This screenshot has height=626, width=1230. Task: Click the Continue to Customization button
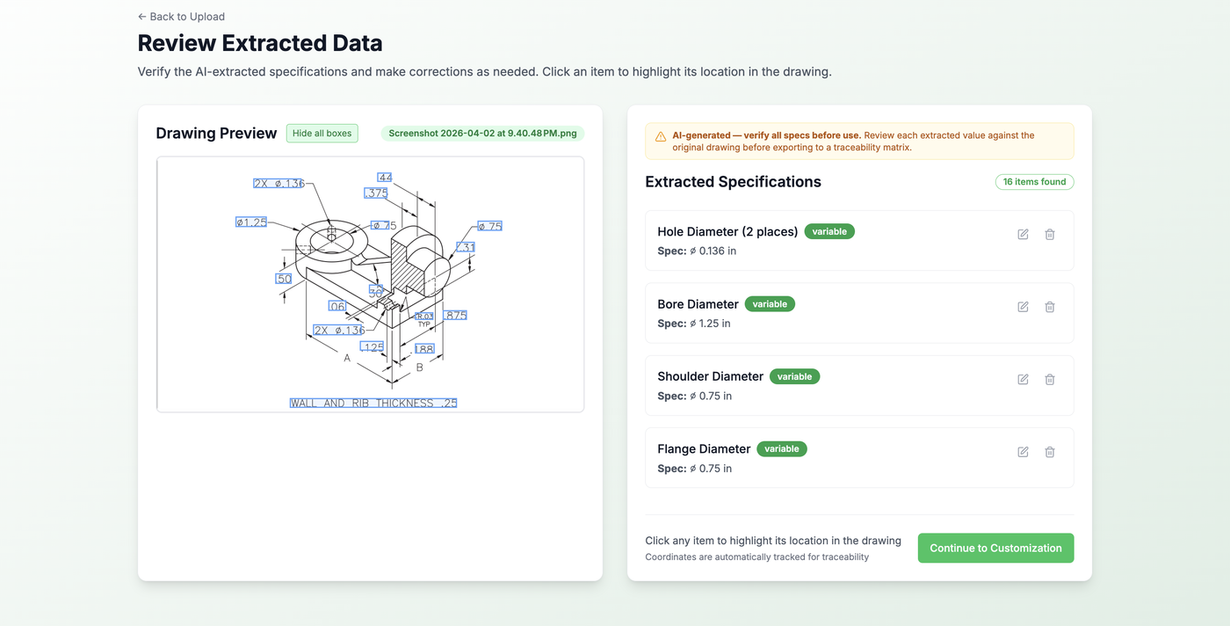(995, 548)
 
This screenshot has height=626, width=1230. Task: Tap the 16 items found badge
(1034, 182)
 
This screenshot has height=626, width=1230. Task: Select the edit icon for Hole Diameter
(1023, 235)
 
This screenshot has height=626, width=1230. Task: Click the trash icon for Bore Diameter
(1049, 307)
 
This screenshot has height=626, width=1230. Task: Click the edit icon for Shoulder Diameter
(1023, 380)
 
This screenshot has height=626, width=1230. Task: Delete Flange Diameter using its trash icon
(1049, 452)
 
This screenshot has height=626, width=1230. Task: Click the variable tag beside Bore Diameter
(770, 304)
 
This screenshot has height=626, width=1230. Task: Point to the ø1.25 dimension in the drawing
(251, 222)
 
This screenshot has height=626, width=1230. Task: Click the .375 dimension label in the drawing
(376, 193)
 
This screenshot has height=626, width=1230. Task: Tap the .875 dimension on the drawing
(455, 315)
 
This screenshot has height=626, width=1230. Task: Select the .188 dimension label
(423, 349)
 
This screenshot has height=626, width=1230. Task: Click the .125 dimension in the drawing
(373, 347)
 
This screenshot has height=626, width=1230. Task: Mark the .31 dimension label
(466, 247)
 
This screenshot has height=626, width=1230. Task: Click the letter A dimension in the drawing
(347, 359)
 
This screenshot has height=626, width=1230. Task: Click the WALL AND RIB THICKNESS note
(373, 404)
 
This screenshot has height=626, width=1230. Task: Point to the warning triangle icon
(661, 136)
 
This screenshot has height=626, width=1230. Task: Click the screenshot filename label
(482, 134)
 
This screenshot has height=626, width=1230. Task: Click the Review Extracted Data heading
(260, 43)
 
